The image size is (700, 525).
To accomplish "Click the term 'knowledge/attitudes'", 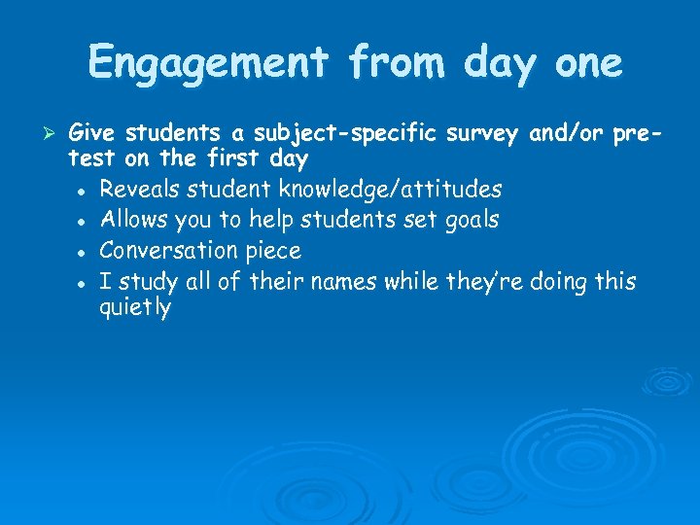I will tap(391, 188).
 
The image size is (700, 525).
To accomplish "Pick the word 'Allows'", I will tap(132, 219).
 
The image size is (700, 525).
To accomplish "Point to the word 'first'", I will tap(222, 157).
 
